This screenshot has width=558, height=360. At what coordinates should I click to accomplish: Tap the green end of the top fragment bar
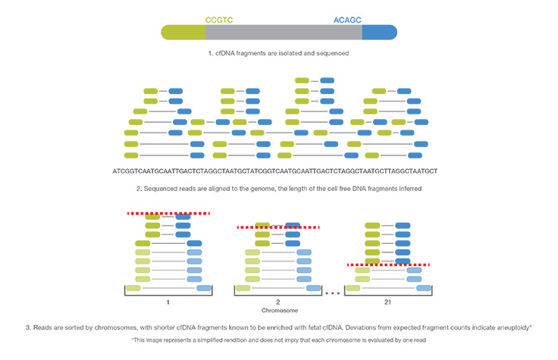(x=183, y=33)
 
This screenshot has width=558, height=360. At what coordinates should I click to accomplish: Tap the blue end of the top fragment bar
(x=379, y=33)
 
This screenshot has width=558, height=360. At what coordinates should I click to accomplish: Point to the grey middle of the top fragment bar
(x=284, y=33)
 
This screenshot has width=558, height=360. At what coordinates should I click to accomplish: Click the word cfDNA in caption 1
(x=228, y=54)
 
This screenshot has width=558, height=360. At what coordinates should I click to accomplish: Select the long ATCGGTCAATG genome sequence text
(x=278, y=171)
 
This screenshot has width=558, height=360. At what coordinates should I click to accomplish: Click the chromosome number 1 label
(x=168, y=300)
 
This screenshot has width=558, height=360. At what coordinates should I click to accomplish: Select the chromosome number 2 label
(x=277, y=300)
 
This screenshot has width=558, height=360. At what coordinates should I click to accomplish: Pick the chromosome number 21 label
(x=388, y=300)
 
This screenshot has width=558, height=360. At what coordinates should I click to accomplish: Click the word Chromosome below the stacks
(x=277, y=311)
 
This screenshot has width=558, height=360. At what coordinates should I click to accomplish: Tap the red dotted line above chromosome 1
(x=168, y=214)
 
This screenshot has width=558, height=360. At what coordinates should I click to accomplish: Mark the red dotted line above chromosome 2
(x=277, y=227)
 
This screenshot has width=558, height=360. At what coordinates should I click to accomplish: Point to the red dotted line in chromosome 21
(x=388, y=265)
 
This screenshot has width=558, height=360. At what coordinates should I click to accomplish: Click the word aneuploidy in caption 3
(x=508, y=327)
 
